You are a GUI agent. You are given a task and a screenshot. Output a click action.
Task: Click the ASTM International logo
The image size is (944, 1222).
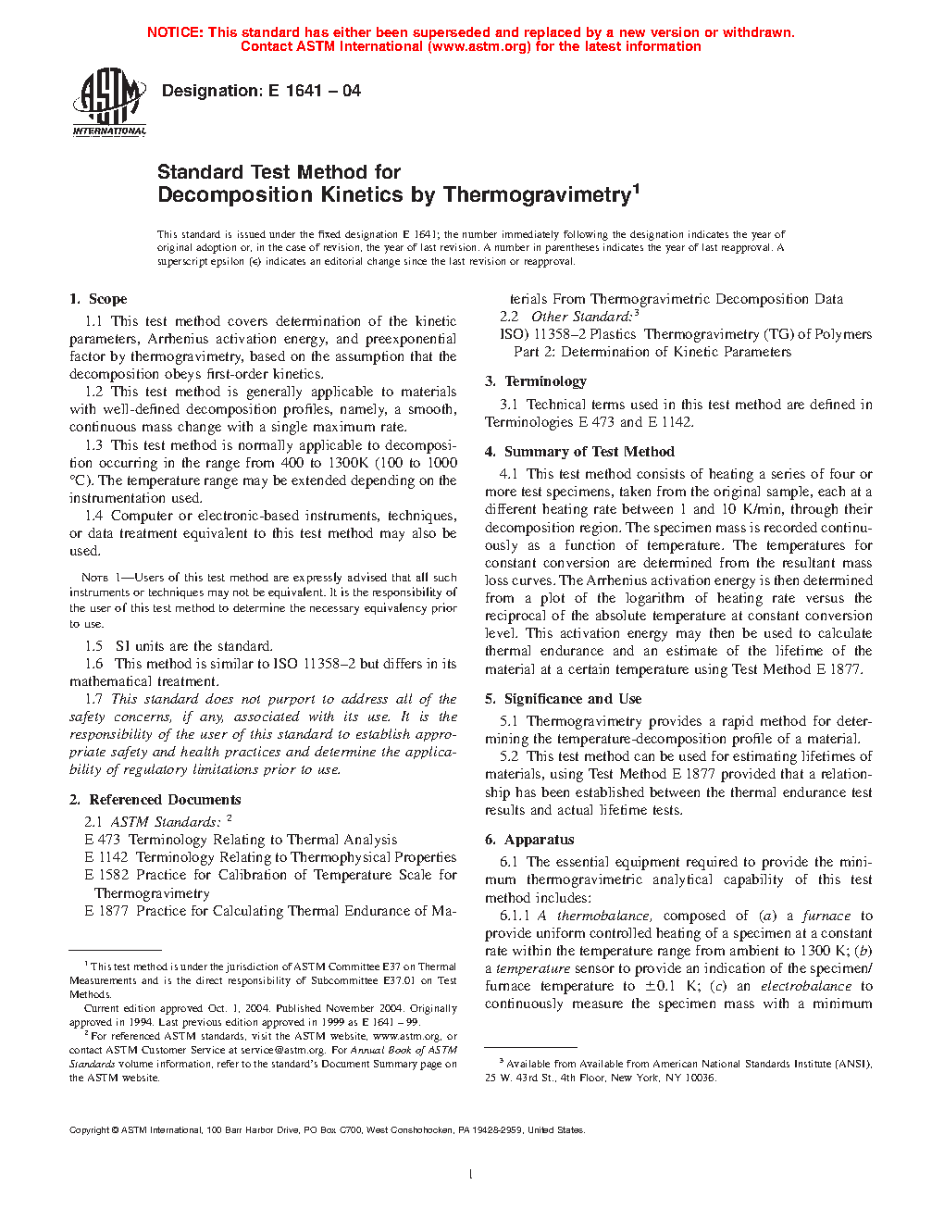tap(109, 102)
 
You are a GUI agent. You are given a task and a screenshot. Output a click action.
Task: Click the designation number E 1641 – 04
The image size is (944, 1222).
tap(314, 91)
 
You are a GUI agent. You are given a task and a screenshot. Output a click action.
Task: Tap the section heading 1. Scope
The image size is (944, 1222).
tap(98, 299)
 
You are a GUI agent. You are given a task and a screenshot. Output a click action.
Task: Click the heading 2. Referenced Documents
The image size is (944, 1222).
tap(155, 800)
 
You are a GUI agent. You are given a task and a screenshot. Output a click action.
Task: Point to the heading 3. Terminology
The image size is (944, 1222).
tap(536, 381)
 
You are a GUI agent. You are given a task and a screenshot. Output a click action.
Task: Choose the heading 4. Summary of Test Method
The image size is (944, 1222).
tap(579, 452)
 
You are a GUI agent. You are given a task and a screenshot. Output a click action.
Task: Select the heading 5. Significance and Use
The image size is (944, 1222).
tap(563, 699)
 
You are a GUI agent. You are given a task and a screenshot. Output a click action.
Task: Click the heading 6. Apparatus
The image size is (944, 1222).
tap(529, 840)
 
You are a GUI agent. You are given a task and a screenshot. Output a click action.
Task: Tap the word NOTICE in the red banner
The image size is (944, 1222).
tap(175, 32)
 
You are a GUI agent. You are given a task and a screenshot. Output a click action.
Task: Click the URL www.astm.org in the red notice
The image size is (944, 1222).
tap(479, 46)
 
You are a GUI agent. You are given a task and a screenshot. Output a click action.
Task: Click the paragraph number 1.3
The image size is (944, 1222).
tap(93, 445)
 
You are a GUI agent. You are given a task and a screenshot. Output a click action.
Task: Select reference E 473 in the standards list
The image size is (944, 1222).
tap(103, 840)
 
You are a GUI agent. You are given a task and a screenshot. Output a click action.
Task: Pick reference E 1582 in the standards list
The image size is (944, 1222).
tap(106, 875)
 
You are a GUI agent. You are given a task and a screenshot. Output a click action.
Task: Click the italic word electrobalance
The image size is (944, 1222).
tap(805, 986)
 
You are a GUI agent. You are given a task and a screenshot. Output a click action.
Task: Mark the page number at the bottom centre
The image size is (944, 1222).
tap(471, 1174)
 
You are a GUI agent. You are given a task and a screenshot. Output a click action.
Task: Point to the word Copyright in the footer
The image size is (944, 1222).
tap(89, 1129)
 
